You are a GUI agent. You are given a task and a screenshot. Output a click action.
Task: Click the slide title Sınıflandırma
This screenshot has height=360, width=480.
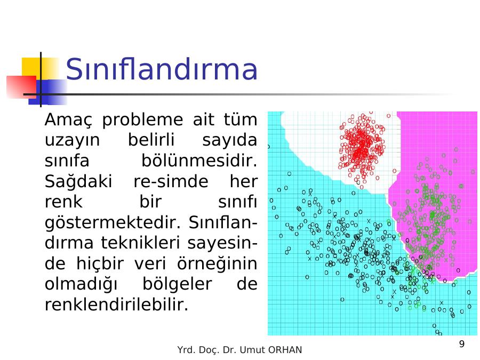tap(162, 69)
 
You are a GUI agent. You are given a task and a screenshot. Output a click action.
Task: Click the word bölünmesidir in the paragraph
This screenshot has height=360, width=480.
tap(199, 161)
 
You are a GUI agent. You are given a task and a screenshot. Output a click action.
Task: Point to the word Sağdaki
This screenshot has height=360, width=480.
tap(78, 182)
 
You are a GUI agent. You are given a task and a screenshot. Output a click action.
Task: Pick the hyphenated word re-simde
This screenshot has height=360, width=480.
tap(171, 181)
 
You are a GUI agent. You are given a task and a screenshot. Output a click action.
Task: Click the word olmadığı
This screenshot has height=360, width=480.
tap(81, 284)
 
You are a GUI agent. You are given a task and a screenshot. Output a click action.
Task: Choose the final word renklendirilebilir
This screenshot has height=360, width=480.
tap(117, 305)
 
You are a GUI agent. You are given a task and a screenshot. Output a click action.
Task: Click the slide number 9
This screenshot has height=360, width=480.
tap(462, 344)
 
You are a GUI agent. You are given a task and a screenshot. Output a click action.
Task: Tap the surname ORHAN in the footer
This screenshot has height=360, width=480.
tap(285, 350)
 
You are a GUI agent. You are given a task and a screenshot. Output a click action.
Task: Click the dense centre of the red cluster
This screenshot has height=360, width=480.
tap(362, 147)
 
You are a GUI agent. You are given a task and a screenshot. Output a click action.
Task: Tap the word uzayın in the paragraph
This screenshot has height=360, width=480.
tap(72, 140)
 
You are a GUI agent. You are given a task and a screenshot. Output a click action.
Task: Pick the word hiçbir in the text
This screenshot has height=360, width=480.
tap(100, 263)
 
